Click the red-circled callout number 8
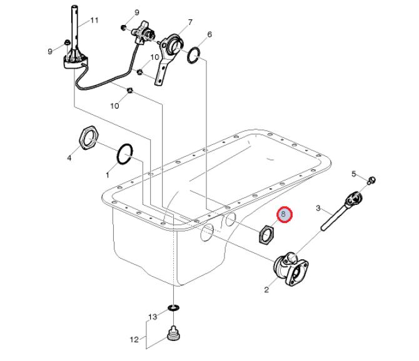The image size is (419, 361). click(x=285, y=214)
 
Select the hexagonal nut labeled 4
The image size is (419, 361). click(x=89, y=137)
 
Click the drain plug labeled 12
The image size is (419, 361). click(x=173, y=333)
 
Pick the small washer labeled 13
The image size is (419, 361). click(x=174, y=309)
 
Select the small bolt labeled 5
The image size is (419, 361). click(x=371, y=180)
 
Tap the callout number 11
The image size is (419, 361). click(x=94, y=20)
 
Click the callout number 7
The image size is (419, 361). click(x=190, y=22)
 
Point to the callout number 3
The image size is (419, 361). click(x=318, y=208)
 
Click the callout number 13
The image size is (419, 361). click(x=153, y=317)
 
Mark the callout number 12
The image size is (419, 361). click(x=134, y=339)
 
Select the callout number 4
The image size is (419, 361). click(x=69, y=158)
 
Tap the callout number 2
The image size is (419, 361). click(x=266, y=290)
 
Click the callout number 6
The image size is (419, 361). click(x=209, y=34)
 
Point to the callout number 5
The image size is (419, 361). click(x=354, y=174)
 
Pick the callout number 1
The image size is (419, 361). click(x=108, y=175)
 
